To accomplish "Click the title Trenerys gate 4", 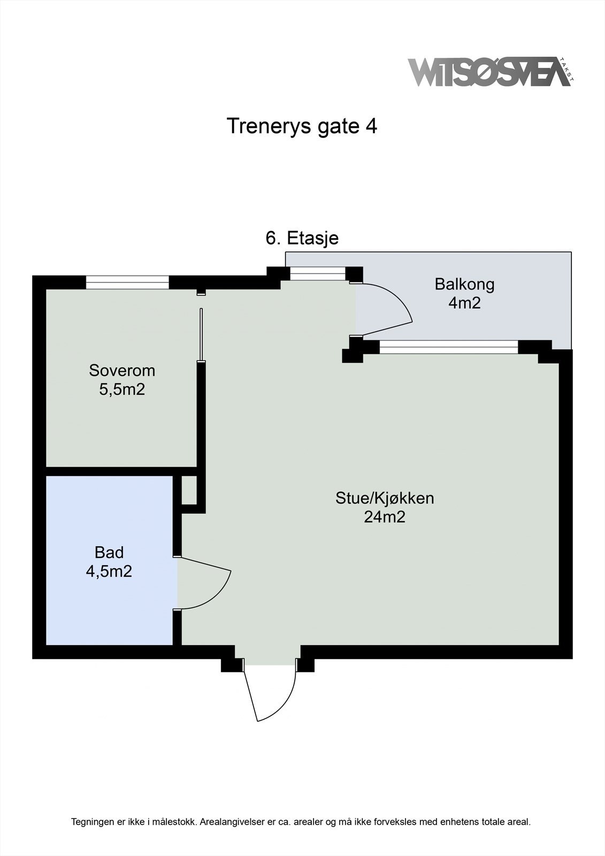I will click(x=302, y=126).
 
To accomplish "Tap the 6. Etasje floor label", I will click(x=302, y=238).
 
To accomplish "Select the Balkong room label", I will click(x=464, y=284).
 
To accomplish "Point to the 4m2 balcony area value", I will click(x=464, y=303).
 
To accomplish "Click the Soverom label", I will click(x=122, y=370).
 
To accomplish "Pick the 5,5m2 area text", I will click(x=122, y=389).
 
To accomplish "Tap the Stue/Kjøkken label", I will click(x=385, y=498).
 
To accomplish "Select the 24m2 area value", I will click(x=385, y=517).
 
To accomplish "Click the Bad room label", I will click(x=109, y=552).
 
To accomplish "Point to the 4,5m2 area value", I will click(x=109, y=571).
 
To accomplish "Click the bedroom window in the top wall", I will click(x=127, y=282).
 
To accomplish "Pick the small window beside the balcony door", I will click(x=318, y=274).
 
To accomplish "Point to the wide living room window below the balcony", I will click(x=449, y=347).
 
